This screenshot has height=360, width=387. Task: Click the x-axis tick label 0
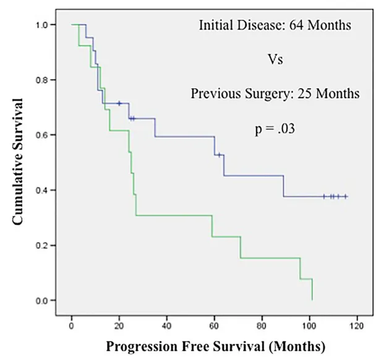point(72,324)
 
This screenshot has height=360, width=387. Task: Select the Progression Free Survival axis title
point(215,344)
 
